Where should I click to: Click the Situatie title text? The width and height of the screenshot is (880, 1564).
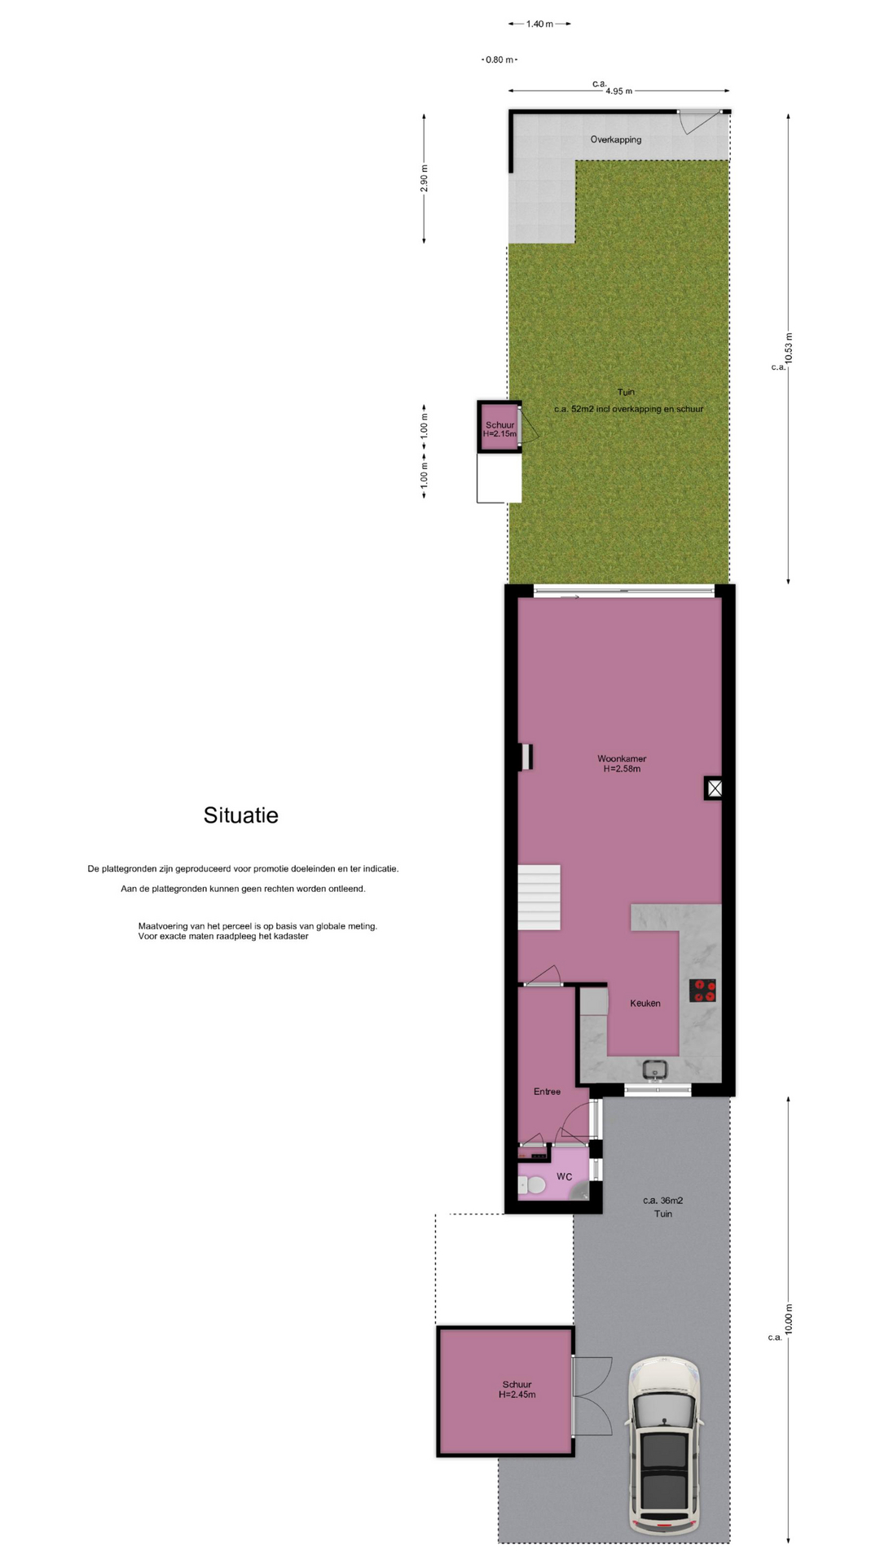[x=241, y=815]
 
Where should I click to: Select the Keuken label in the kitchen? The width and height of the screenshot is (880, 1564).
[x=645, y=1004]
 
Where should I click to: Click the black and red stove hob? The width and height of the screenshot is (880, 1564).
[x=702, y=991]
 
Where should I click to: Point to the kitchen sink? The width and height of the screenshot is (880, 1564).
[x=655, y=1069]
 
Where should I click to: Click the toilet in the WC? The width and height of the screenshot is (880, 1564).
[x=532, y=1186]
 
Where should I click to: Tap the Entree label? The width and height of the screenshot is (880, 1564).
[x=547, y=1092]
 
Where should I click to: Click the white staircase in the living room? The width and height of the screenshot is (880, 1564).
[x=539, y=897]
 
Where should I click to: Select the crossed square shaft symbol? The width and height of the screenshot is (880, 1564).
[x=714, y=789]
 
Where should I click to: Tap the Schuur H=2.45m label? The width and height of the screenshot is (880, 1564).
[x=517, y=1390]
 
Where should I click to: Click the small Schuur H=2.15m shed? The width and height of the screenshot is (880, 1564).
[x=499, y=426]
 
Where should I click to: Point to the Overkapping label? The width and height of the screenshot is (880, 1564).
[x=616, y=140]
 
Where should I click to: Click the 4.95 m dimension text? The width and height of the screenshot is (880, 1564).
[x=619, y=91]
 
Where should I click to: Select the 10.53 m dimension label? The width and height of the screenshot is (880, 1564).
[x=788, y=349]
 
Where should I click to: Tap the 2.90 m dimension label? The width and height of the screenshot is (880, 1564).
[x=424, y=178]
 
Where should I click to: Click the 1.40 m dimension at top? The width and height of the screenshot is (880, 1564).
[x=539, y=24]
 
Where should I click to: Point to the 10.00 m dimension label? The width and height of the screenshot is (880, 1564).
[x=788, y=1320]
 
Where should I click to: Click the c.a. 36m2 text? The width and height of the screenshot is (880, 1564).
[x=662, y=1201]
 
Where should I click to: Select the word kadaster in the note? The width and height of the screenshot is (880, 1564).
[x=291, y=937]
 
